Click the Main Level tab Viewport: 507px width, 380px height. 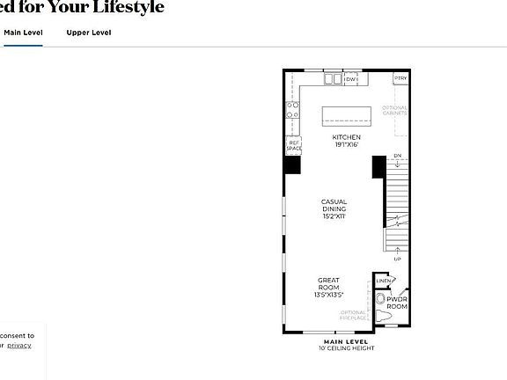pyautogui.click(x=23, y=33)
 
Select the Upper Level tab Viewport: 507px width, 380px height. pyautogui.click(x=89, y=33)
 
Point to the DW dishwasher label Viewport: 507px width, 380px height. pyautogui.click(x=350, y=80)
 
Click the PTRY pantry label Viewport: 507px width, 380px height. pyautogui.click(x=400, y=79)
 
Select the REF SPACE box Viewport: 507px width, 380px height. pyautogui.click(x=293, y=146)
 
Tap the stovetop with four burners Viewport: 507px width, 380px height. pyautogui.click(x=292, y=111)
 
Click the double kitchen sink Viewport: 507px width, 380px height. pyautogui.click(x=333, y=80)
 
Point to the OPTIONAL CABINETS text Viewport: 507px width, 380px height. pyautogui.click(x=394, y=111)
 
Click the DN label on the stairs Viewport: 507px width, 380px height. pyautogui.click(x=397, y=157)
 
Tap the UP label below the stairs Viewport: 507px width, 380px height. pyautogui.click(x=398, y=259)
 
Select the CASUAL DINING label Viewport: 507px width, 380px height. pyautogui.click(x=334, y=208)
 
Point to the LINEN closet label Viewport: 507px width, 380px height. pyautogui.click(x=383, y=281)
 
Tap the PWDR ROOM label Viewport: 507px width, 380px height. pyautogui.click(x=398, y=303)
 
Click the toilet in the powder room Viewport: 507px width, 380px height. pyautogui.click(x=382, y=314)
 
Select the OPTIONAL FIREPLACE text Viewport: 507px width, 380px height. pyautogui.click(x=353, y=315)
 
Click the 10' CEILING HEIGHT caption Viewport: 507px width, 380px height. pyautogui.click(x=346, y=348)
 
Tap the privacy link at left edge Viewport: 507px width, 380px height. pyautogui.click(x=19, y=346)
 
